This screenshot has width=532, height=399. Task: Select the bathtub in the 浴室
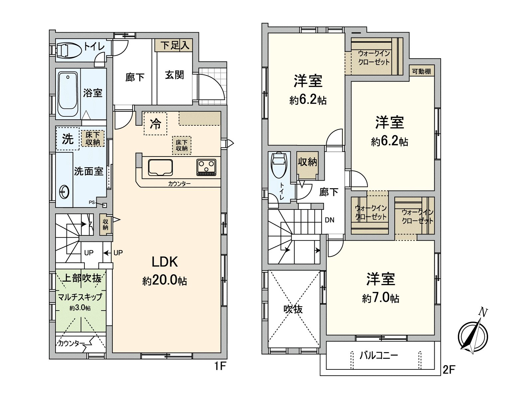click(x=68, y=94)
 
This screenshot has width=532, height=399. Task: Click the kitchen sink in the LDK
click(x=160, y=167)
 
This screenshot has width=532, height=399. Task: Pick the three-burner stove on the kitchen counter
click(x=206, y=167)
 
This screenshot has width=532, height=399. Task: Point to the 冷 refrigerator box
click(x=155, y=124)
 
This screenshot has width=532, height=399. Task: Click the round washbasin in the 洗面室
click(x=64, y=192)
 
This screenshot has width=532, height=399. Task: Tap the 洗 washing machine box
click(x=67, y=138)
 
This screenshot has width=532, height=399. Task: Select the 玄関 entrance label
click(x=174, y=75)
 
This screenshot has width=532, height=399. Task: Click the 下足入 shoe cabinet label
click(x=175, y=45)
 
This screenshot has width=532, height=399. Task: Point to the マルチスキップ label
click(x=80, y=297)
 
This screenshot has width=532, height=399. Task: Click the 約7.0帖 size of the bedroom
click(x=380, y=298)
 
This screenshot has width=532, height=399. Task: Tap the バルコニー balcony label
click(x=379, y=355)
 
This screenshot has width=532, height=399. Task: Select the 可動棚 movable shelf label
click(x=421, y=71)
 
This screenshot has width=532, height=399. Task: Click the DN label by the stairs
click(x=330, y=220)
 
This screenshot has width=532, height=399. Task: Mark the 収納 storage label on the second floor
click(x=307, y=162)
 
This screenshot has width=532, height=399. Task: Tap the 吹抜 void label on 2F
click(x=293, y=309)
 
